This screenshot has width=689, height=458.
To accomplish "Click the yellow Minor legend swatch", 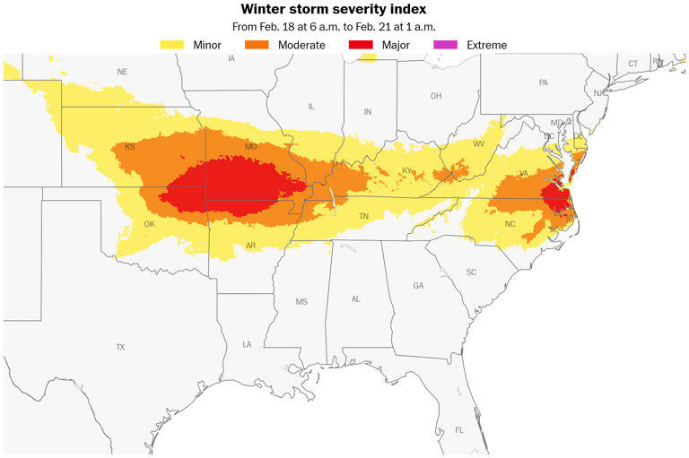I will [172, 45].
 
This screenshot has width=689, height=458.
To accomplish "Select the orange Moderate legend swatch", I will [257, 45].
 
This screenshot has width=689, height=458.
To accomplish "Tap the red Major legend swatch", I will [361, 45].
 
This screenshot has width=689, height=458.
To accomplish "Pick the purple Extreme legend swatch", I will [446, 45].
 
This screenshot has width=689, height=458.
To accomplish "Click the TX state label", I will [120, 347].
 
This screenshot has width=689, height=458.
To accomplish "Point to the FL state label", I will [459, 430].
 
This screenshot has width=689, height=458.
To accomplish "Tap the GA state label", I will [418, 286].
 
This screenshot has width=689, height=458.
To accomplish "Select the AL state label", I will [356, 299].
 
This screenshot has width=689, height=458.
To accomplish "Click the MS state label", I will [301, 302].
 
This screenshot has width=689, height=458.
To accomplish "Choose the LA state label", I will [247, 344].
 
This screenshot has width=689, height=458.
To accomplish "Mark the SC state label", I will [471, 272].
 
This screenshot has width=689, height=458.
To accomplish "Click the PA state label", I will [543, 82].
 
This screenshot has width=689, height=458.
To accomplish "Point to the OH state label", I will [436, 96].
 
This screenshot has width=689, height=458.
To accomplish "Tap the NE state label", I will [122, 72].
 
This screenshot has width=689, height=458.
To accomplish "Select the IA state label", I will [231, 58].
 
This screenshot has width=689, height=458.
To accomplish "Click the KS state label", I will [130, 147].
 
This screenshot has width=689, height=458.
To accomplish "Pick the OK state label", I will [150, 225].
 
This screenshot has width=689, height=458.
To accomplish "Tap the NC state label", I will [510, 224].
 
